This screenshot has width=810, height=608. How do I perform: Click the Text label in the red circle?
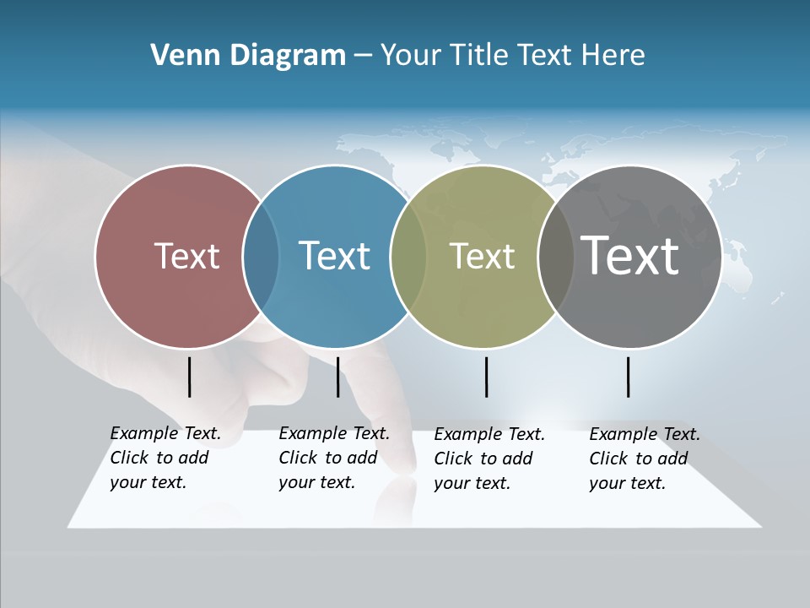click(186, 256)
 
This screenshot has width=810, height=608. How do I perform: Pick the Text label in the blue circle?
click(334, 256)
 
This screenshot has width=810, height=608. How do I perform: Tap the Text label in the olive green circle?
click(482, 256)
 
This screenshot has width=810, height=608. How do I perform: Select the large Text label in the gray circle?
click(629, 255)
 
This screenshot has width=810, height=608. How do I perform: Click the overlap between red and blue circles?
click(261, 257)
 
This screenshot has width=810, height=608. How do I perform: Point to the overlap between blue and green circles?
click(408, 257)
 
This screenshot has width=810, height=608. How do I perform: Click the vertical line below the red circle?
click(189, 377)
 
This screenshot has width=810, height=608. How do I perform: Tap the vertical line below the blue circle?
click(337, 377)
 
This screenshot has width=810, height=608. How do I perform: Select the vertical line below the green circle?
click(486, 377)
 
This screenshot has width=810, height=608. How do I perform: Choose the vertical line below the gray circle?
click(629, 377)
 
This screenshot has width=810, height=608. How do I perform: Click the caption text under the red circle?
click(165, 458)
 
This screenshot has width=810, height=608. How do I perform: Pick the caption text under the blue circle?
click(333, 458)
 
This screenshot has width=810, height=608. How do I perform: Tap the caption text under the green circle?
click(489, 459)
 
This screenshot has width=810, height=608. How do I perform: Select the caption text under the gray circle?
click(644, 459)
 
